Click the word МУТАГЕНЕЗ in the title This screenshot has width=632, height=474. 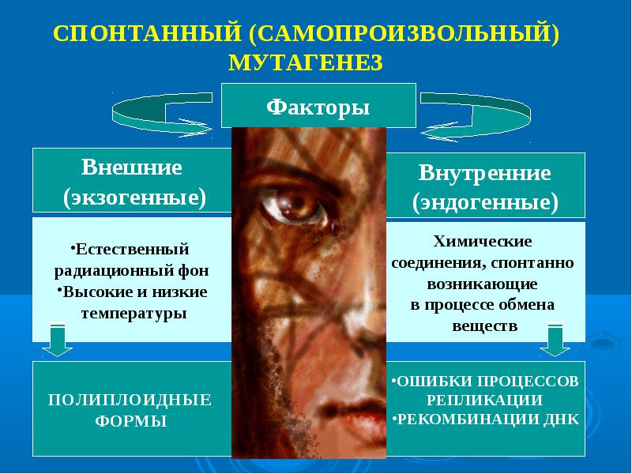click(x=306, y=62)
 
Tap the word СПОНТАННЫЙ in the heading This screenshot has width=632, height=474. click(x=147, y=33)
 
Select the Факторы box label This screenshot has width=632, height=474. click(x=318, y=107)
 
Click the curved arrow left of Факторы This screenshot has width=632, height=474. click(x=161, y=115)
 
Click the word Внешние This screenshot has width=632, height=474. click(x=132, y=167)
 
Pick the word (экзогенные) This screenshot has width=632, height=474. click(x=134, y=197)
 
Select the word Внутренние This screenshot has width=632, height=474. click(x=485, y=172)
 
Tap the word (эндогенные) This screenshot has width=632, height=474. click(x=485, y=202)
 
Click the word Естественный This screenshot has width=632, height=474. click(x=132, y=249)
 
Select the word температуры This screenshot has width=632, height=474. click(x=134, y=313)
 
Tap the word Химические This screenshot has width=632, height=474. click(x=483, y=241)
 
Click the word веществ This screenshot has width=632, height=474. click(x=485, y=325)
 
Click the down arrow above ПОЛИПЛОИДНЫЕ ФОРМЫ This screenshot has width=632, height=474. click(x=57, y=340)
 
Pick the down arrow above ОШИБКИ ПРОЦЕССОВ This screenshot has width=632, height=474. click(x=555, y=340)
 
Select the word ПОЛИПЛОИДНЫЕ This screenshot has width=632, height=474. click(x=130, y=401)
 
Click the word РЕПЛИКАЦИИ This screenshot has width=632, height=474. click(x=484, y=401)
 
